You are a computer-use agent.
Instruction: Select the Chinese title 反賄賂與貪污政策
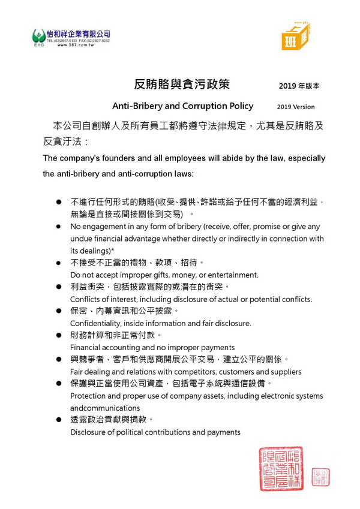pos(182,85)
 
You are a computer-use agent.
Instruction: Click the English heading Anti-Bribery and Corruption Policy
pos(182,106)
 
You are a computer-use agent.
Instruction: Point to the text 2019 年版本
pos(299,86)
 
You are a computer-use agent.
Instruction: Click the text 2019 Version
pos(295,107)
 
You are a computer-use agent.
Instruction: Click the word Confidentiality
pos(98,323)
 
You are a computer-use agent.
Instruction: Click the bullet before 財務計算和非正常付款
pos(59,335)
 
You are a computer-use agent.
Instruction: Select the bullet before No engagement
pos(59,227)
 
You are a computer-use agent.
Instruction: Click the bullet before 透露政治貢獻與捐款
pos(59,420)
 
